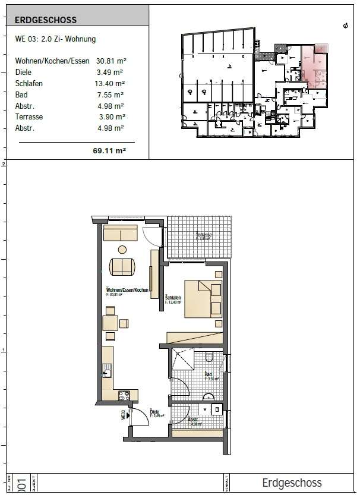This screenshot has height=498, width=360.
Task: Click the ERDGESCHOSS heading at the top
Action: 46,20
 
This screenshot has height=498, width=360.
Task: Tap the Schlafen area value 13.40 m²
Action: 110,83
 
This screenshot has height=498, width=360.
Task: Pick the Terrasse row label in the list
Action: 29,117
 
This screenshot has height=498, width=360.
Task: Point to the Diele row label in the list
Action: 24,73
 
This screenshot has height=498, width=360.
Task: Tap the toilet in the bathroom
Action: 209,358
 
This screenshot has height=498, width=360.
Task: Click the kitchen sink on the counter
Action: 107,373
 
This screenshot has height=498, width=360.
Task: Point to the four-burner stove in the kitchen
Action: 125,394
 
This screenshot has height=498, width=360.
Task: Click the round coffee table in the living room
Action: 122,250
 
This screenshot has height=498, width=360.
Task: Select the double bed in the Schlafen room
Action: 203,298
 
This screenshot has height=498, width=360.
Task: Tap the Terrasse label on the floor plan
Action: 204,236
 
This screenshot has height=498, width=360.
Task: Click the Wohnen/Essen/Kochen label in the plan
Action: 127,289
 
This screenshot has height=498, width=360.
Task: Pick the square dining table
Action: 110,323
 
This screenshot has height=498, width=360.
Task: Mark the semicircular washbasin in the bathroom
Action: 208,397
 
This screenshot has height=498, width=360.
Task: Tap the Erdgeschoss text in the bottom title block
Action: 292,483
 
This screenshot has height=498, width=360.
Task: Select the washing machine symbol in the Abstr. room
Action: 217,409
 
